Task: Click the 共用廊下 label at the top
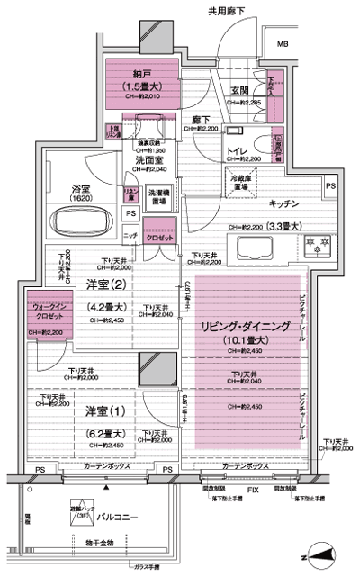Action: (x=227, y=12)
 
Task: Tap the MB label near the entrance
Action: (x=283, y=44)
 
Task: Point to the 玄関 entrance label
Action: (x=239, y=90)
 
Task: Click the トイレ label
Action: (x=237, y=149)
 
